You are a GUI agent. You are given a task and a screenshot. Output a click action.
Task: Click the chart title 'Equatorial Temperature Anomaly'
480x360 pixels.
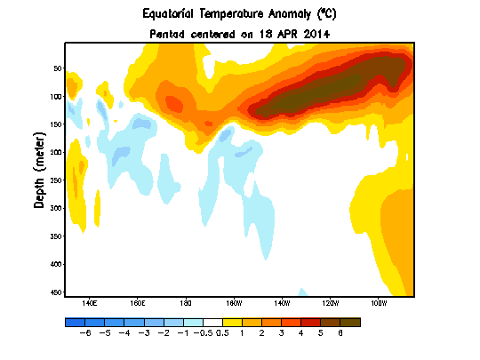(x=227, y=13)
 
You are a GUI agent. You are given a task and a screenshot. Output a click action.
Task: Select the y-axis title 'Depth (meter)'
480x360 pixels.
(x=39, y=171)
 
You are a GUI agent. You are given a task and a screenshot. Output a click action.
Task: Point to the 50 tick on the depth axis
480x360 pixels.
(x=58, y=68)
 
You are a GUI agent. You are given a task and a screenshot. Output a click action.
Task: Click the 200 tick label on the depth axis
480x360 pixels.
(x=56, y=152)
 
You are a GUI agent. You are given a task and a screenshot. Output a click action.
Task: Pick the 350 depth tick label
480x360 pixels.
(x=56, y=236)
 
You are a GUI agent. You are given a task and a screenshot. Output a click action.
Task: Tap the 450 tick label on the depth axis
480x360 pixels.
(x=56, y=292)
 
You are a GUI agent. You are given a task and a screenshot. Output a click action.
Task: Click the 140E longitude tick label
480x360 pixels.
(x=90, y=303)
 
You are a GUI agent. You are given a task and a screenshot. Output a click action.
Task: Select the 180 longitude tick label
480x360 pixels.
(x=186, y=303)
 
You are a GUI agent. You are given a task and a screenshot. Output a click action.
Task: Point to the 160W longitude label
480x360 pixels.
(x=234, y=303)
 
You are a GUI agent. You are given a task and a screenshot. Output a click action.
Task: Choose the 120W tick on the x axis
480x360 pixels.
(x=331, y=303)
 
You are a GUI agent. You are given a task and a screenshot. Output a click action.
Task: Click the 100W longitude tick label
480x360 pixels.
(x=379, y=303)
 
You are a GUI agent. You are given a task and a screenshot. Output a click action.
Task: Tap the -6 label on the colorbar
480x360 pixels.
(x=85, y=333)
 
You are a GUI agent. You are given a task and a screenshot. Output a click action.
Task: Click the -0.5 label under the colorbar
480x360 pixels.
(x=203, y=333)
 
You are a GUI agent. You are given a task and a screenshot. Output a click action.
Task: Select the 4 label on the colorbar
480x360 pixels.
(x=300, y=333)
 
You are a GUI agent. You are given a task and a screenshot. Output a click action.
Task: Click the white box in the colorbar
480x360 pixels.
(x=212, y=323)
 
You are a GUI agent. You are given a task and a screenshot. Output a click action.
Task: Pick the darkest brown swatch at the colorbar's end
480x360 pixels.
(x=350, y=323)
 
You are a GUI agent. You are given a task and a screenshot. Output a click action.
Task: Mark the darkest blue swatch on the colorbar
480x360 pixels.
(x=75, y=323)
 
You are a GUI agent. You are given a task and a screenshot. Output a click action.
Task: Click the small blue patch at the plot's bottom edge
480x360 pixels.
(x=302, y=292)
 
